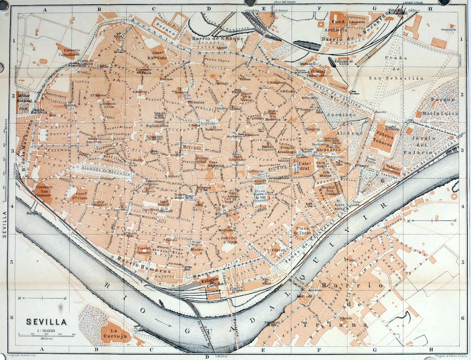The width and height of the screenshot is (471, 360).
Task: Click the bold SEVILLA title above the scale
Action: tap(47, 322)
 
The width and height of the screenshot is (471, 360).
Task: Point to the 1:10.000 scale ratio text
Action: tap(45, 330)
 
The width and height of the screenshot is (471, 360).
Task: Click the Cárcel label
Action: tap(278, 251)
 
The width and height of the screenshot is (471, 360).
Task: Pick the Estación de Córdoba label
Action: tap(210, 284)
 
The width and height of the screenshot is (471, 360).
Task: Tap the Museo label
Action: tap(197, 250)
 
